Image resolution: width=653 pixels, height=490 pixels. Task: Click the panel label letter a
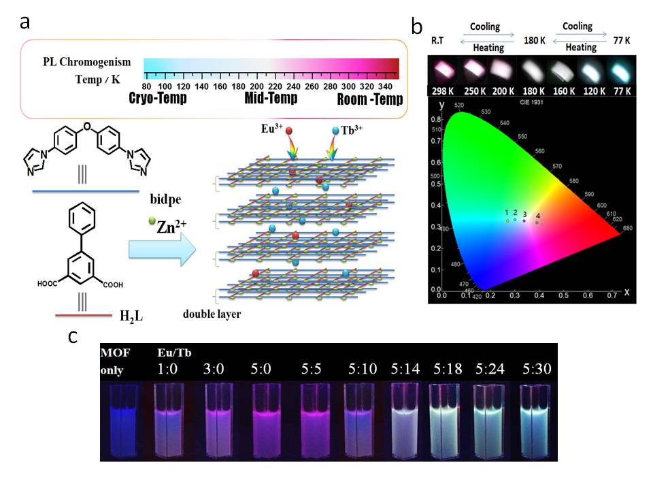(x=24, y=22)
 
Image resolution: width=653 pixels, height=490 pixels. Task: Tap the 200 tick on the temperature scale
(x=256, y=87)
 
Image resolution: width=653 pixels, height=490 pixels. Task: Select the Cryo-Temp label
(x=157, y=99)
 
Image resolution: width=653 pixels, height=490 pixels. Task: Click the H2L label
(x=132, y=316)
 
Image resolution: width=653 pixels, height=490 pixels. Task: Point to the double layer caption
(x=212, y=314)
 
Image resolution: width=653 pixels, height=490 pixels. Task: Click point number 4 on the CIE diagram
(x=537, y=222)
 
